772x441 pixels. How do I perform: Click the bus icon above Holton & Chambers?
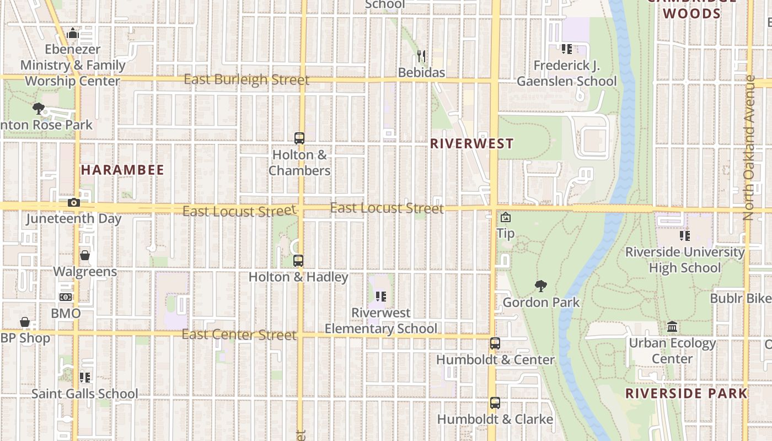299,138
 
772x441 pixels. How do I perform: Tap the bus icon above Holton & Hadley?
298,261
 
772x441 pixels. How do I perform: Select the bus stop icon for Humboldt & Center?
495,343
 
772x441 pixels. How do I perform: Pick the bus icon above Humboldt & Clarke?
495,403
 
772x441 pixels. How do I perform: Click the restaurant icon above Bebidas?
422,56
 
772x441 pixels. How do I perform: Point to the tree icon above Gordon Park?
541,286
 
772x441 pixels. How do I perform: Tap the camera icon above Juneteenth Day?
74,202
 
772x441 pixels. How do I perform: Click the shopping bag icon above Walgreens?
85,255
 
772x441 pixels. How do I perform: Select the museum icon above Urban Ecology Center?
672,327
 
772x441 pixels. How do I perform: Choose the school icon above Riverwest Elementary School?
380,297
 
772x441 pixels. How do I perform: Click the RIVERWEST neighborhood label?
471,144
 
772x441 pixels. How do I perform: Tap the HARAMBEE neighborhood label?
122,170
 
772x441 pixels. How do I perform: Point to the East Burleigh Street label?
246,80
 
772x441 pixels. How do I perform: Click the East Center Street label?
239,335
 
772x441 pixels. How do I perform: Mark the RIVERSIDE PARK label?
687,394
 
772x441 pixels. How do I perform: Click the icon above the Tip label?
505,217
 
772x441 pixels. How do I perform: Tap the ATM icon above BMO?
66,297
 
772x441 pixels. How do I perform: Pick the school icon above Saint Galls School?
84,378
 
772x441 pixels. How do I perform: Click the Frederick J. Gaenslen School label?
566,73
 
